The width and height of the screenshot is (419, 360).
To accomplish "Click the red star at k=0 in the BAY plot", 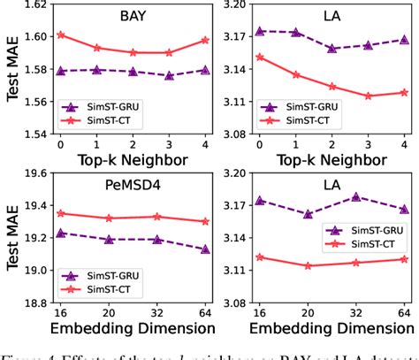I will tap(60, 35).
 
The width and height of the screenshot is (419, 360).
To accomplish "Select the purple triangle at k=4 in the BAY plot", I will tap(205, 70).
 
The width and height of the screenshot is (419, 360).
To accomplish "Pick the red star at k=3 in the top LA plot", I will tap(367, 96).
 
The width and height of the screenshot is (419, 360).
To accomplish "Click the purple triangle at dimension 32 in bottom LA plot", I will tap(355, 197).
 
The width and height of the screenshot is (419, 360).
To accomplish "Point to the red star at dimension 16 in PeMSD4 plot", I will tap(60, 213).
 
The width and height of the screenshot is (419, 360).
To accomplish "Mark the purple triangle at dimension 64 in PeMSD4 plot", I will tap(205, 249).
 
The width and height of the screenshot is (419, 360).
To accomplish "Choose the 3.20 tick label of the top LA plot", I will tap(239, 6).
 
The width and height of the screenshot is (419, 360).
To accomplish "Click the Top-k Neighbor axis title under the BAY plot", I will tap(133, 162).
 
